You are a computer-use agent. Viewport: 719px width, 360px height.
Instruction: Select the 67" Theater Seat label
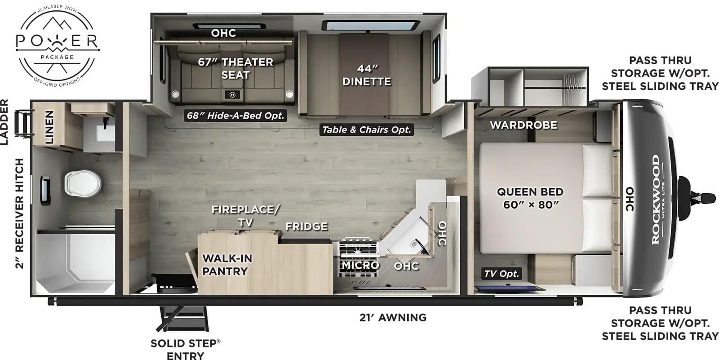(235, 68)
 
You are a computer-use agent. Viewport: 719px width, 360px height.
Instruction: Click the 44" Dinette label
(367, 75)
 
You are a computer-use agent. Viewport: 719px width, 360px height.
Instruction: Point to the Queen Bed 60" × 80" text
(530, 198)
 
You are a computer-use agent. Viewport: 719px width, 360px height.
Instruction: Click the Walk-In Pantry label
(227, 265)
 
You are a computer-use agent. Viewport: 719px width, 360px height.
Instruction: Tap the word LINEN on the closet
(49, 127)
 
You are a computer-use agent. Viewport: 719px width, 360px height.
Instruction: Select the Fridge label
(306, 227)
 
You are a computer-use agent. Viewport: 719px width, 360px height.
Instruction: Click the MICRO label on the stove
(360, 266)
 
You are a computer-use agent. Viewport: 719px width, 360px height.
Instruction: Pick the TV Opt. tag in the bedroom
(502, 273)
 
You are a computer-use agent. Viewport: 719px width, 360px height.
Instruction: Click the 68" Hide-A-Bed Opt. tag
(235, 116)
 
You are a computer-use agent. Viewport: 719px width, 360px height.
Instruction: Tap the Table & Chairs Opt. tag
(366, 130)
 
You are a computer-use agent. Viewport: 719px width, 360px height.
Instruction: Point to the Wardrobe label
(524, 125)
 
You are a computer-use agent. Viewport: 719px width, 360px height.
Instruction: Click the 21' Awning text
(393, 318)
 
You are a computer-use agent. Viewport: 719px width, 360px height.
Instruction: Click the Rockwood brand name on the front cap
(656, 200)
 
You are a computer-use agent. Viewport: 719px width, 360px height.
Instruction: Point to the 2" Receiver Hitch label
(19, 213)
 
